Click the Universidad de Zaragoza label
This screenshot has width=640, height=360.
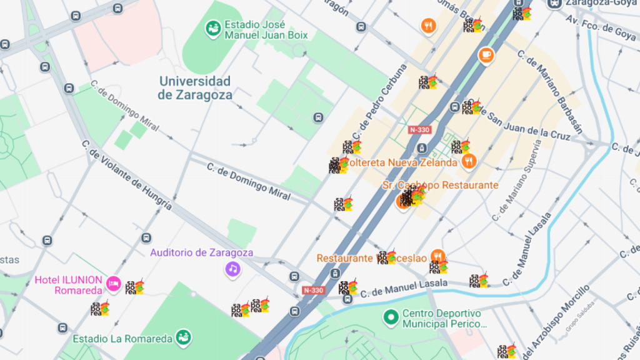pyautogui.click(x=194, y=88)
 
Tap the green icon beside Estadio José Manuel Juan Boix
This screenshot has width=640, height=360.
pyautogui.click(x=214, y=29)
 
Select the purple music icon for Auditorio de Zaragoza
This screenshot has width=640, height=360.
pyautogui.click(x=232, y=269)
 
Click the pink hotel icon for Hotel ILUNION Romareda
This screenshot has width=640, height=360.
pyautogui.click(x=113, y=284)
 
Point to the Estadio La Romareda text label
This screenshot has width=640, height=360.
pyautogui.click(x=122, y=339)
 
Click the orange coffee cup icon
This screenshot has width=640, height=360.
pyautogui.click(x=486, y=55)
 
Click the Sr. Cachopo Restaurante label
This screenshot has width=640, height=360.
pyautogui.click(x=440, y=185)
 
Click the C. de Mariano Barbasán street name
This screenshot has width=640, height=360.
pyautogui.click(x=550, y=91)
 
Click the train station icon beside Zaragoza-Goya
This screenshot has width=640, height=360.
pyautogui.click(x=554, y=3)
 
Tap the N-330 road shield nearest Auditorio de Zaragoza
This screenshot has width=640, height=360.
pyautogui.click(x=313, y=290)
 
